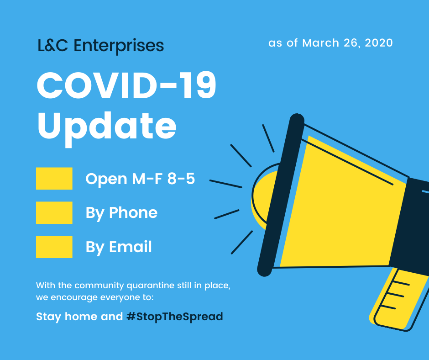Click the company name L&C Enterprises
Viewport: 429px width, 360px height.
point(101,46)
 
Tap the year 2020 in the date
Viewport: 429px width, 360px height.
point(379,43)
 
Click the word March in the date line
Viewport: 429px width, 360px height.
point(321,43)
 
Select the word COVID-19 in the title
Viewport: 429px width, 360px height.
point(126,85)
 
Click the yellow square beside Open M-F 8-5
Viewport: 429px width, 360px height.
point(54,178)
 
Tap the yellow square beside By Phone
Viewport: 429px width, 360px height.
point(54,212)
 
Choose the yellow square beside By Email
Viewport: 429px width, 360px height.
point(54,247)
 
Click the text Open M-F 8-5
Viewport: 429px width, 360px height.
point(140,179)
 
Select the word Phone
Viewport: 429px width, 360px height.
point(133,212)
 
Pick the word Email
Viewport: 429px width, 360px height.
point(130,247)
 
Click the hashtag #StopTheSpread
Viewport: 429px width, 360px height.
point(175,317)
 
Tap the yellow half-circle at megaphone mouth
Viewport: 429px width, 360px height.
point(263,200)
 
